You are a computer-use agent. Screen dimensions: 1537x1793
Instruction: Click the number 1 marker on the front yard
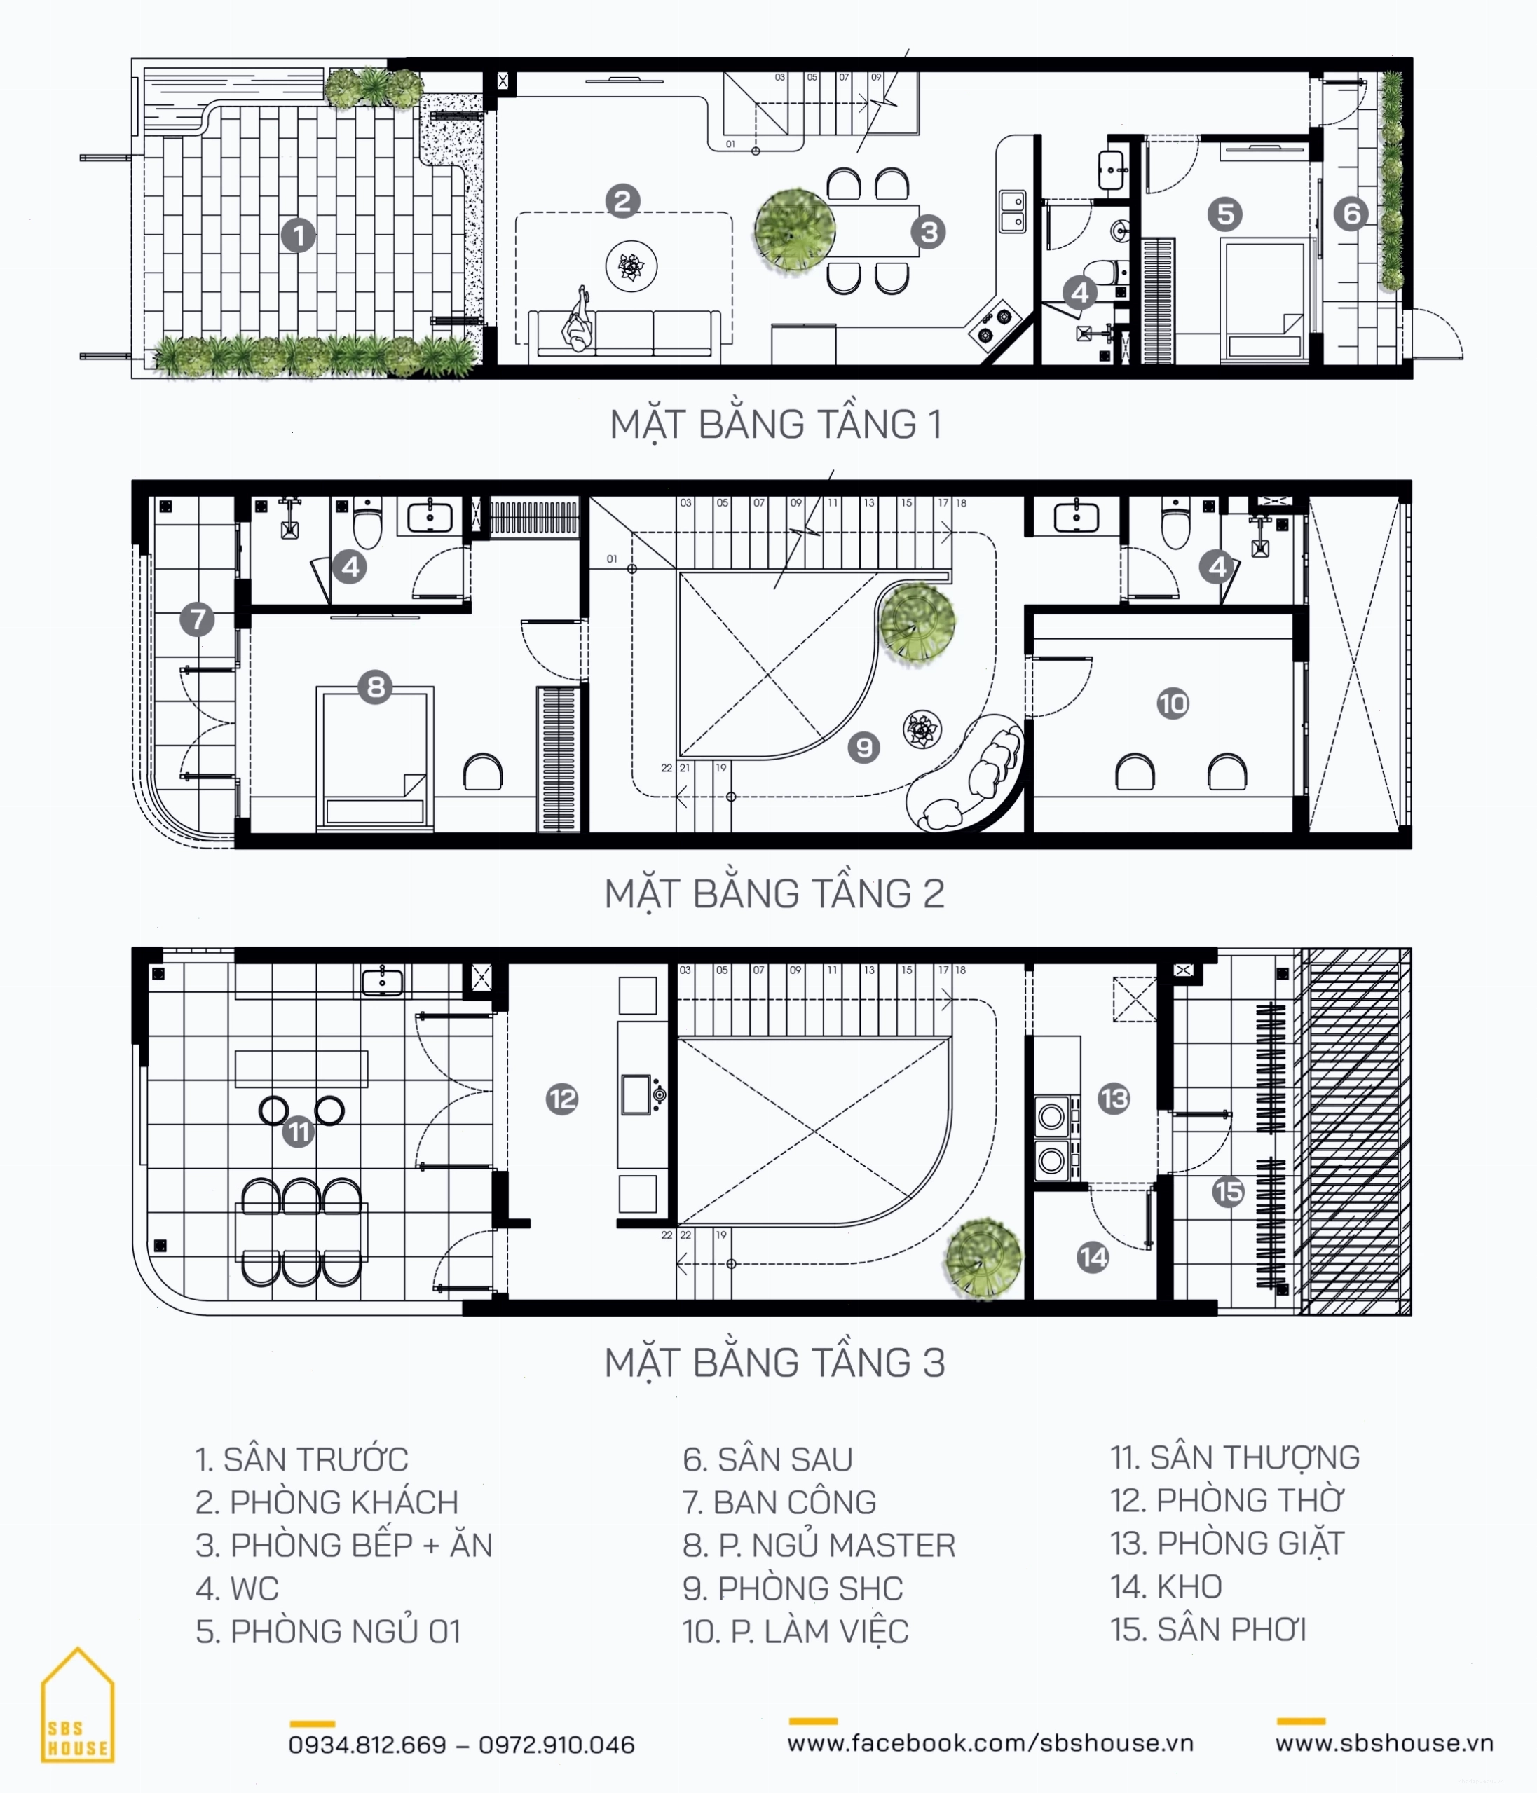(x=299, y=235)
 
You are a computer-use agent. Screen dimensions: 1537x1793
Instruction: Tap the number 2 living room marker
(x=622, y=201)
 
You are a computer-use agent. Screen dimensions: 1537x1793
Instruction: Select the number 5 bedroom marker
(x=1224, y=214)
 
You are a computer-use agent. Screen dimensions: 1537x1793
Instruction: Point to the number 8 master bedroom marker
(x=376, y=687)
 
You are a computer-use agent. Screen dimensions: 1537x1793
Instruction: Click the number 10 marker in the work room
(x=1173, y=703)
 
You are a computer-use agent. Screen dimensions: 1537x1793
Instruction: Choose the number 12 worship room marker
(x=561, y=1099)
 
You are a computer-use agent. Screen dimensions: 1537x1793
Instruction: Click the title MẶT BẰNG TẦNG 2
(x=774, y=893)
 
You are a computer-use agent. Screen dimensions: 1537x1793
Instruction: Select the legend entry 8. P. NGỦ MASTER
(x=819, y=1545)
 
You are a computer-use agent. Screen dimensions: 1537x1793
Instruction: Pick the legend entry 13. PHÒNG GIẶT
(x=1227, y=1543)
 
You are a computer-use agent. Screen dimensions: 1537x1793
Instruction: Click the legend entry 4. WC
(x=237, y=1588)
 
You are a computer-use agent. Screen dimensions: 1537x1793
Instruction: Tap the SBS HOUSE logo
(x=77, y=1705)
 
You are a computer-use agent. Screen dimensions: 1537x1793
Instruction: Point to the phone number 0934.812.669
(x=367, y=1745)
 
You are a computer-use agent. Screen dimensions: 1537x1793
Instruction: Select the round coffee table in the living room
(x=631, y=266)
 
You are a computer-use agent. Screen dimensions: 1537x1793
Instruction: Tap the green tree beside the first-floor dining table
(x=795, y=231)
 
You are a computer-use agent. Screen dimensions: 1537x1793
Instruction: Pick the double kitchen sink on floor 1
(x=1013, y=211)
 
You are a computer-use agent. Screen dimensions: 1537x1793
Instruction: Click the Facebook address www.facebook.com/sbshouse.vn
(x=990, y=1743)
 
